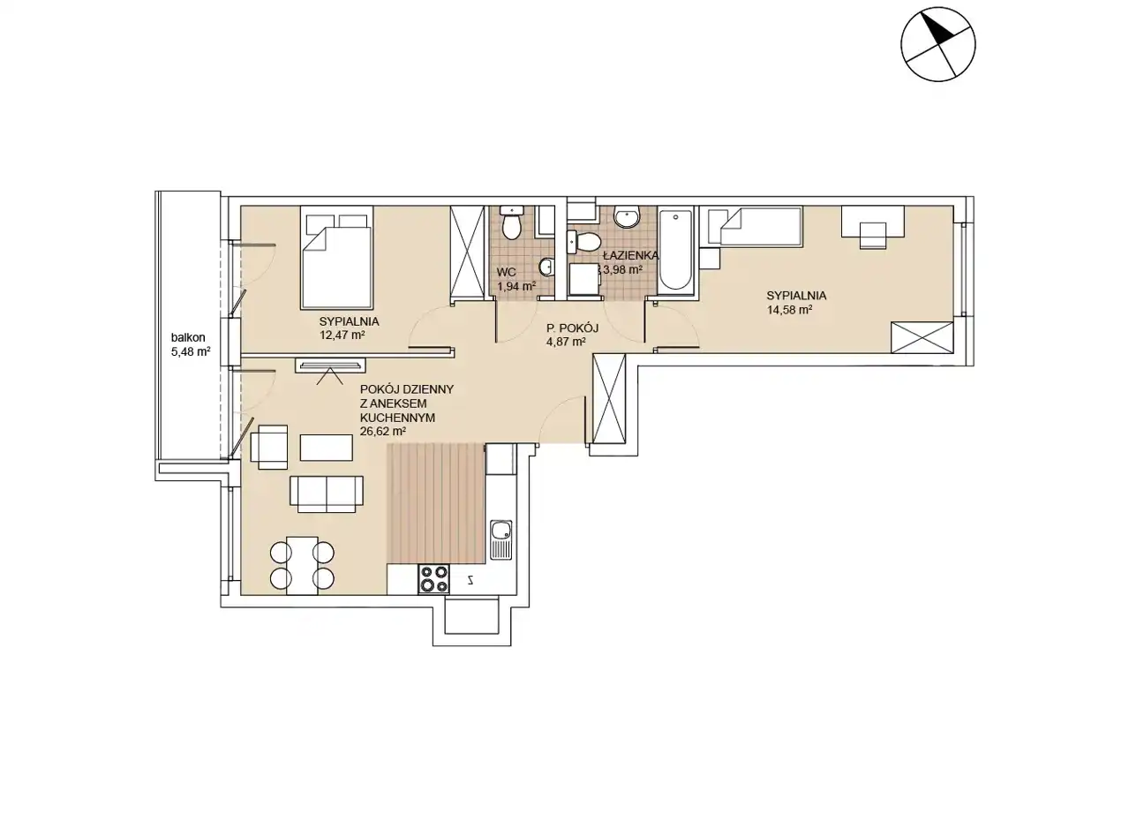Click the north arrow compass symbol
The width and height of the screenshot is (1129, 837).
[x=937, y=44]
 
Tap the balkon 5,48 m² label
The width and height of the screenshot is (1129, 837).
[x=191, y=344]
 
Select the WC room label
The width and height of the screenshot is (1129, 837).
[x=506, y=273]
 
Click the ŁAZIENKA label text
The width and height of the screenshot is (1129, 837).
[x=630, y=255]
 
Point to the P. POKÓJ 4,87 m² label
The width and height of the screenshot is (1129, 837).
[x=572, y=335]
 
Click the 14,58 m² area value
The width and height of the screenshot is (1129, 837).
[x=789, y=310]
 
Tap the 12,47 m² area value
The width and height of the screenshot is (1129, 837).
[x=342, y=335]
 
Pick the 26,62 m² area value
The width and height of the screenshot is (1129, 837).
[x=383, y=432]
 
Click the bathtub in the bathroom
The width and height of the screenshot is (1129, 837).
[x=675, y=251]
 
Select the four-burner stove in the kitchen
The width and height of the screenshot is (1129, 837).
[x=433, y=579]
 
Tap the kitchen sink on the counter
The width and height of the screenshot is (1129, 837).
[x=501, y=539]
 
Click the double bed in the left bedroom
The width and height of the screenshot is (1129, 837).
[x=337, y=257]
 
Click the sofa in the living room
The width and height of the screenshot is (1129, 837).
[x=327, y=494]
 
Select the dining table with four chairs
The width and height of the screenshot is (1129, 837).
[x=303, y=565]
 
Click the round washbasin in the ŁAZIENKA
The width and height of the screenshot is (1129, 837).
[x=626, y=217]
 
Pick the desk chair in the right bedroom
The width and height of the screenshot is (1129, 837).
[x=874, y=235]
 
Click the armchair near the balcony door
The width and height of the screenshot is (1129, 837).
[x=269, y=447]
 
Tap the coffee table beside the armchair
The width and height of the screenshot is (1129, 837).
[x=327, y=448]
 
